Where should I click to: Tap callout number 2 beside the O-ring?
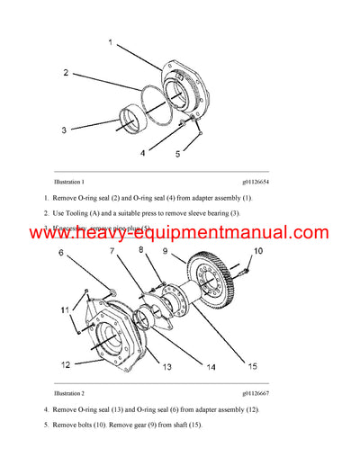pyautogui.click(x=65, y=71)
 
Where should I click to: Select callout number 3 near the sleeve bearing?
pyautogui.click(x=64, y=130)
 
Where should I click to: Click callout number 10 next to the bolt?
pyautogui.click(x=256, y=251)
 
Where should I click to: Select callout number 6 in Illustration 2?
pyautogui.click(x=60, y=255)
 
